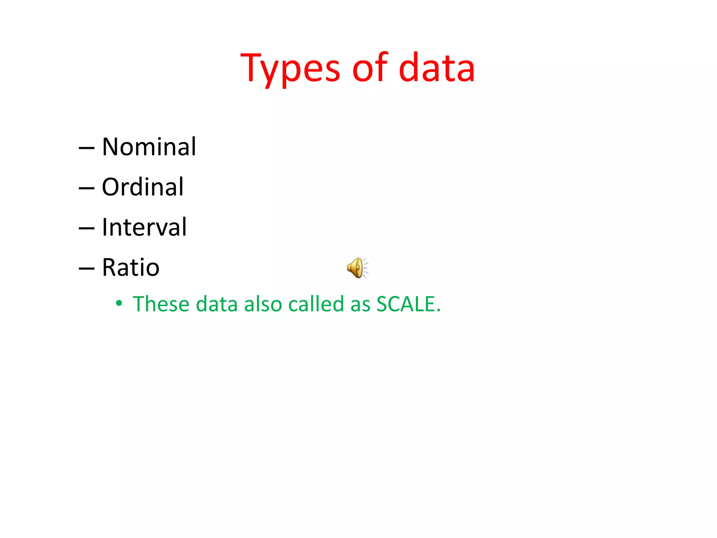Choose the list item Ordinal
tap(142, 187)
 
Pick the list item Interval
tap(144, 227)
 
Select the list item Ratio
tap(131, 267)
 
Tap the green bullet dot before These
tap(119, 303)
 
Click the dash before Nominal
tap(86, 148)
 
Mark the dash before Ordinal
tap(86, 188)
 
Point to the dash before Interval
tap(86, 229)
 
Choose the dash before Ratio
tap(86, 269)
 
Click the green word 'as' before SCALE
tap(360, 304)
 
